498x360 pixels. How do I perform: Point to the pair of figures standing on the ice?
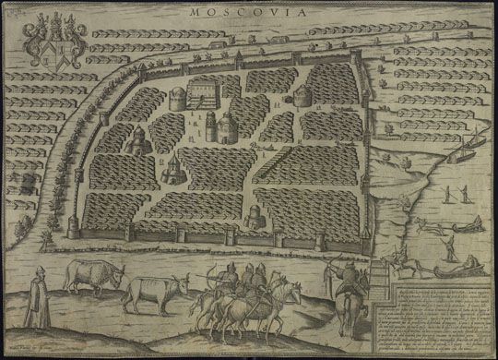coord(451,194)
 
